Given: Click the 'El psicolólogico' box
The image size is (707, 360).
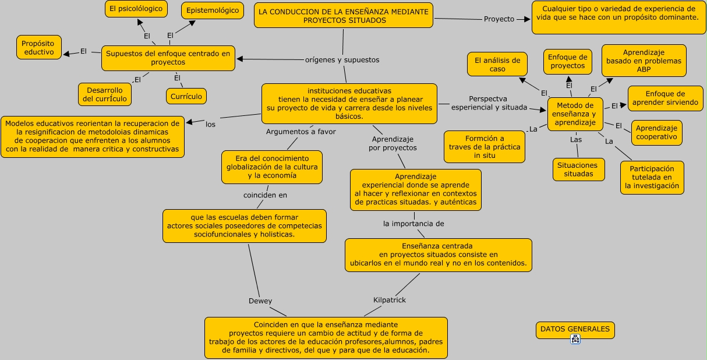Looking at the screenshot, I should click(136, 9).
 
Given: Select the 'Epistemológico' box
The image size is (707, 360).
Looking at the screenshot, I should click(213, 10).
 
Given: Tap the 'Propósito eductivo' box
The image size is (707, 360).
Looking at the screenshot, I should click(39, 48).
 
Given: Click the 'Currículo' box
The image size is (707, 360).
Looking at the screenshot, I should click(187, 96).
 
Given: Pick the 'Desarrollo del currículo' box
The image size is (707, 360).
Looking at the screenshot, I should click(105, 94).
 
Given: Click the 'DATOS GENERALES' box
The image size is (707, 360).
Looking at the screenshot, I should click(575, 330).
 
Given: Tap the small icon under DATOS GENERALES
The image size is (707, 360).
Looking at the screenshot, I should click(575, 340).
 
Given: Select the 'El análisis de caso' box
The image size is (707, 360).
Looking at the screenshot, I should click(497, 64).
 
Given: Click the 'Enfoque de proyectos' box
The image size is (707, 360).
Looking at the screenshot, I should click(568, 62).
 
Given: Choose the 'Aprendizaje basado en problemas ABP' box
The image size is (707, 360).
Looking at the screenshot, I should click(644, 61).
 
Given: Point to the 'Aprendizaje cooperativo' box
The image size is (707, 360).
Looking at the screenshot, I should click(656, 132).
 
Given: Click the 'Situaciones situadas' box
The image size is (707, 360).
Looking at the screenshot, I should click(578, 170).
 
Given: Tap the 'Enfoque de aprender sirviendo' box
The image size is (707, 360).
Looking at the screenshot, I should click(665, 98).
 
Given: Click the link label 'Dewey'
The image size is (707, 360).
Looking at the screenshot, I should click(260, 301).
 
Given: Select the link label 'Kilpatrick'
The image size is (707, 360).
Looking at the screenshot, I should click(389, 300).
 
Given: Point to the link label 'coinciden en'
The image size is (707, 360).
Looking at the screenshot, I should click(265, 195).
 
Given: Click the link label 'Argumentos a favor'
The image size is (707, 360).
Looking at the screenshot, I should click(301, 132).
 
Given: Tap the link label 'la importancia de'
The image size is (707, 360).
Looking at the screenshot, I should click(413, 224).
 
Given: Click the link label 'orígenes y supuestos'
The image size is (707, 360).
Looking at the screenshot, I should click(342, 60).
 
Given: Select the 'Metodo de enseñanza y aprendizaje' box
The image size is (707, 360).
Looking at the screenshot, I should click(575, 114).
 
